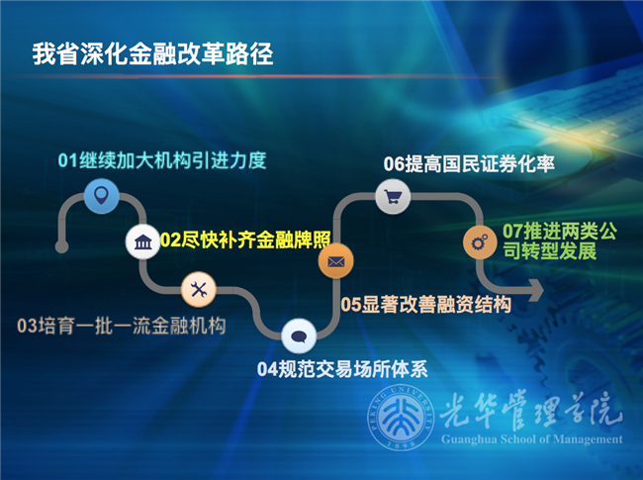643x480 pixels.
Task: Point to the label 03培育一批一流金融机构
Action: [x=122, y=325]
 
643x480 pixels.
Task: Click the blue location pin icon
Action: [x=100, y=194]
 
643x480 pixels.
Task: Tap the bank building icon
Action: [x=141, y=241]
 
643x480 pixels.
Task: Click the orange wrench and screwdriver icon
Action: [x=199, y=289]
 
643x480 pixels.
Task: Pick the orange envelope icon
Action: [x=335, y=262]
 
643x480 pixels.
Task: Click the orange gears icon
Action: [x=481, y=240]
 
